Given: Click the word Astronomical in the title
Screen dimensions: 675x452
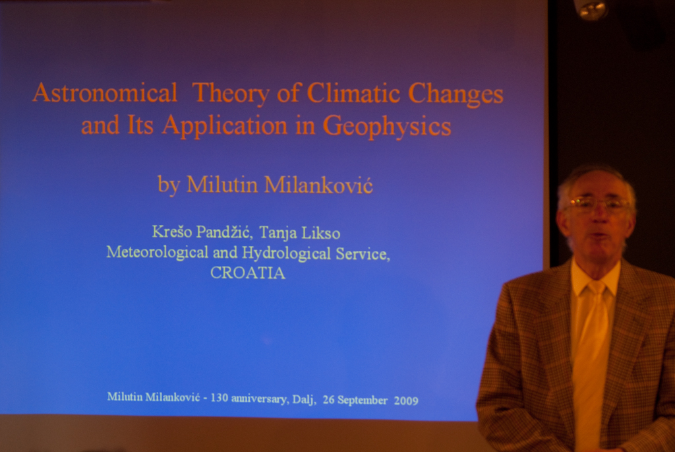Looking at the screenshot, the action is click(x=105, y=92).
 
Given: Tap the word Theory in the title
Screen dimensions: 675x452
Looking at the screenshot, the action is click(x=231, y=94).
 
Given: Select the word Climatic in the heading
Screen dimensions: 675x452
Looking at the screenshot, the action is click(x=353, y=93).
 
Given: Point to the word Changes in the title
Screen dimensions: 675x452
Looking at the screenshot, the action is click(x=455, y=95).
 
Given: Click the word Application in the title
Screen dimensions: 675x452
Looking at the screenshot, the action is click(x=225, y=127).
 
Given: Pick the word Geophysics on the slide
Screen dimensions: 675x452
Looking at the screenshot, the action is click(x=386, y=127).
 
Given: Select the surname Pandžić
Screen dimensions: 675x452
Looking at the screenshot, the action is click(x=223, y=232).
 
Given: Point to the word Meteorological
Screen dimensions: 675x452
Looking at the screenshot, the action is click(x=157, y=252).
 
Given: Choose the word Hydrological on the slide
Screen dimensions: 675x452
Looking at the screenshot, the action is click(x=286, y=253).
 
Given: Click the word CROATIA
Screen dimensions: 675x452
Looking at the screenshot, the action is click(x=248, y=273).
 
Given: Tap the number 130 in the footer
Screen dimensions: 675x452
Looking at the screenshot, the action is click(x=219, y=397).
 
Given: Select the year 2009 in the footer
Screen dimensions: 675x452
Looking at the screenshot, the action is click(x=406, y=401).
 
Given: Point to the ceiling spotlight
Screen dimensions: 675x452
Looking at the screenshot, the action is click(x=593, y=9).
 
